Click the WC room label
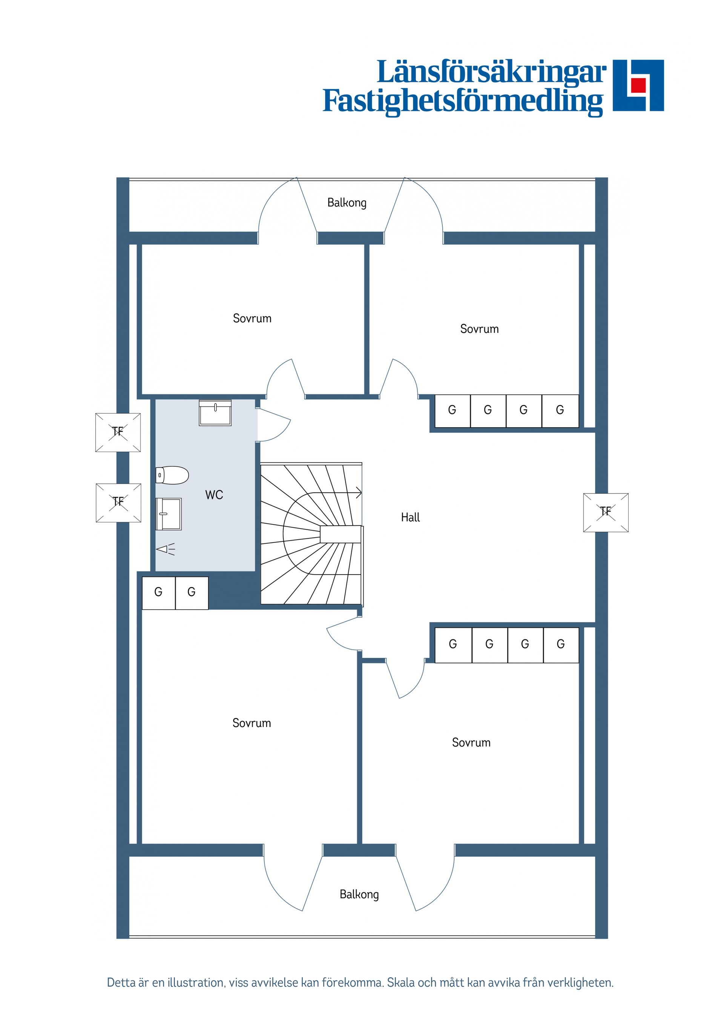pos(214,495)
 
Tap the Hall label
pos(410,517)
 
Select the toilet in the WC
pos(172,475)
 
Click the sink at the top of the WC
pos(215,413)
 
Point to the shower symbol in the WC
pos(166,549)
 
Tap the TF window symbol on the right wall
pos(606,512)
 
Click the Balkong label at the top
pos(347,203)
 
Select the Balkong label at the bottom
pos(359,894)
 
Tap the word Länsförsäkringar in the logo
pos(492,72)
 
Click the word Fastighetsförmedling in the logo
pos(463,101)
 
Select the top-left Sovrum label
pos(252,319)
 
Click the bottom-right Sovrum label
pos(471,743)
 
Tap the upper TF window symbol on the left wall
pos(118,432)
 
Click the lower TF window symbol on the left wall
pos(118,503)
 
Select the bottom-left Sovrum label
pos(252,723)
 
